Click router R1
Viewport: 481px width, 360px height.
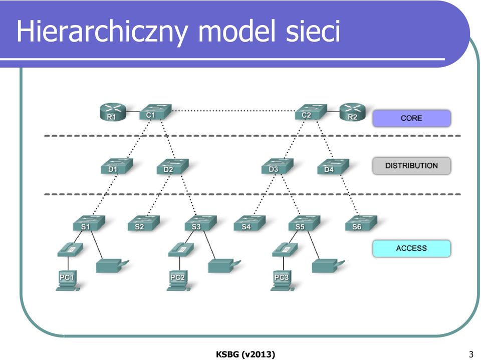[113, 112]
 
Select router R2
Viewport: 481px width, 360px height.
[352, 112]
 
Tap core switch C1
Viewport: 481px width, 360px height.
[155, 112]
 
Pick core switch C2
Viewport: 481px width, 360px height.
[311, 112]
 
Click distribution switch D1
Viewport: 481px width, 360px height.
[117, 166]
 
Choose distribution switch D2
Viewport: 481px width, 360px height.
[172, 166]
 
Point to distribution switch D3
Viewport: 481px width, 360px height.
[277, 166]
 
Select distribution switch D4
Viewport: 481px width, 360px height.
[333, 166]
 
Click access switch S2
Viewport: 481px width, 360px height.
[144, 223]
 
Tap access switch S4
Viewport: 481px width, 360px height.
[250, 223]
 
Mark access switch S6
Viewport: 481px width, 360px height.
[361, 223]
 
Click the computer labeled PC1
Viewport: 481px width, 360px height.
[68, 280]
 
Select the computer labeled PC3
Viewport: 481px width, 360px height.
[282, 280]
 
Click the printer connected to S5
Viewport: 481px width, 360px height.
[328, 266]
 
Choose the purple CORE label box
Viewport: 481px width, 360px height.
[411, 118]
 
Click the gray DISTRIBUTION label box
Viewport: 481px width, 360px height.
[411, 166]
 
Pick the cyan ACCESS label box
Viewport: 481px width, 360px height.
[411, 248]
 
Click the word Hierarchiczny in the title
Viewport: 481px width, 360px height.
[102, 32]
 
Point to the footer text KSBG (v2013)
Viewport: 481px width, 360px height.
[246, 354]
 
